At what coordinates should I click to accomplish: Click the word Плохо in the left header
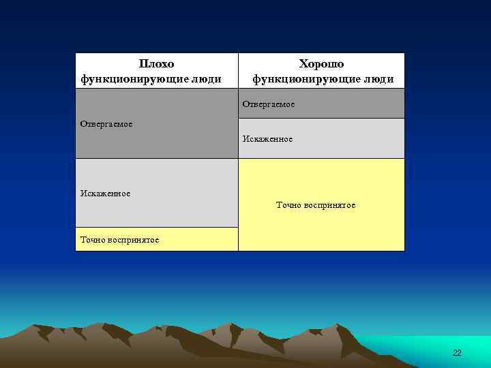point(156,64)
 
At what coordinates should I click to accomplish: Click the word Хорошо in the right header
point(321,64)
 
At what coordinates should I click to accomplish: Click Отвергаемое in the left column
point(106,124)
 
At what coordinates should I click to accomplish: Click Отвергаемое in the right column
point(269,104)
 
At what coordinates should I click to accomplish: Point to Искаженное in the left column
point(105,194)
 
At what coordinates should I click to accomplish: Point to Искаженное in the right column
point(267,139)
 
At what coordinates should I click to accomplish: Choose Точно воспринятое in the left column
point(120,240)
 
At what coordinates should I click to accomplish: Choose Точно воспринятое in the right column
point(315,205)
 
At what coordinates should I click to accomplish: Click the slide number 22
point(457,352)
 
